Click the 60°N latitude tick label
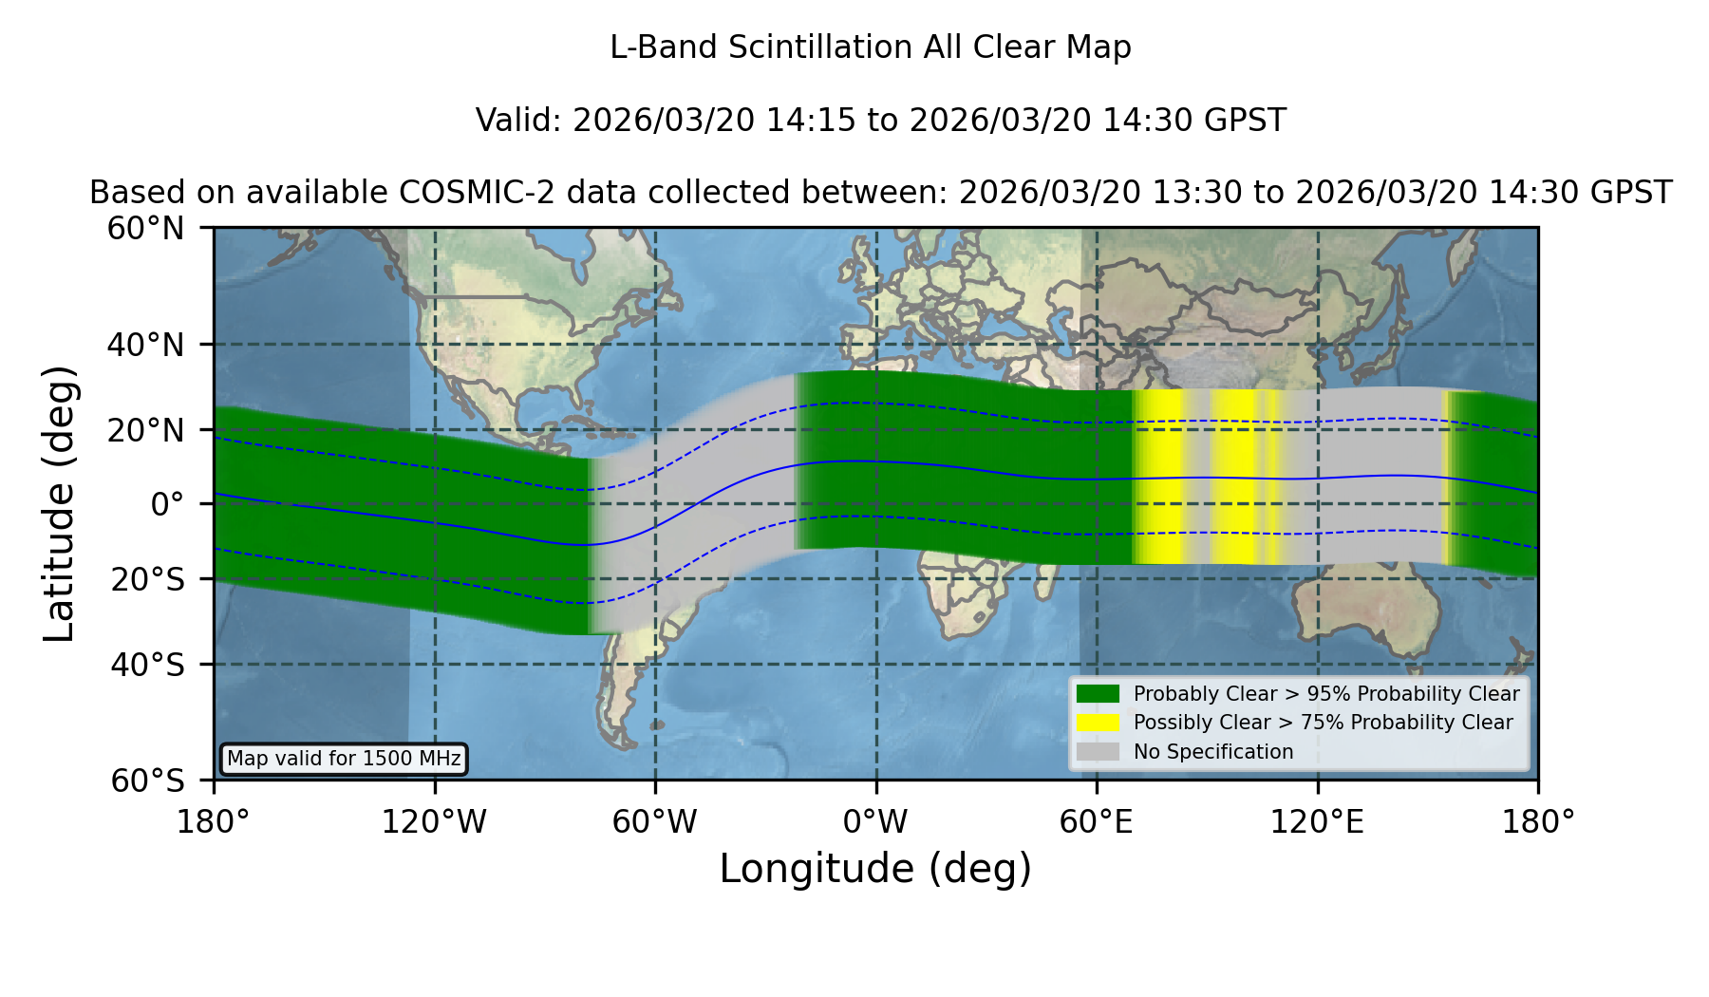click(145, 229)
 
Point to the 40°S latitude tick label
click(147, 665)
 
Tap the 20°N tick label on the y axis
click(145, 430)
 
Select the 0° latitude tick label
click(167, 504)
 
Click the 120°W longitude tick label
click(434, 822)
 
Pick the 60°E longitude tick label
click(1097, 822)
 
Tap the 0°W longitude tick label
click(875, 822)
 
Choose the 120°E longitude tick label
click(1317, 822)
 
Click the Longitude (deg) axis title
click(875, 869)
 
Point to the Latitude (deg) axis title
click(59, 503)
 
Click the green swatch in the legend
click(1098, 694)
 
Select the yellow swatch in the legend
click(1098, 723)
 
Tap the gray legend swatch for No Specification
click(1098, 752)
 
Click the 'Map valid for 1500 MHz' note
click(344, 759)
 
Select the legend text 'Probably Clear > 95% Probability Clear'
click(1326, 694)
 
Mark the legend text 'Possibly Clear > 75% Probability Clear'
click(1323, 723)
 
